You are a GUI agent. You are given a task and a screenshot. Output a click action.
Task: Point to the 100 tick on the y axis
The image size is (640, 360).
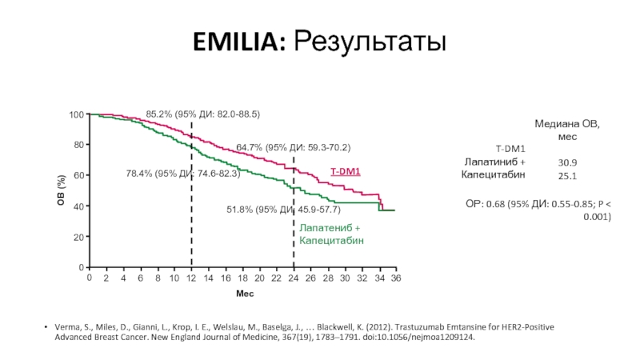(76, 115)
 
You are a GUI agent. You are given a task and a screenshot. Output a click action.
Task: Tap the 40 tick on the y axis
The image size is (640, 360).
(78, 206)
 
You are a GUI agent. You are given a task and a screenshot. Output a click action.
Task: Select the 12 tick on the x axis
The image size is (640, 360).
(191, 278)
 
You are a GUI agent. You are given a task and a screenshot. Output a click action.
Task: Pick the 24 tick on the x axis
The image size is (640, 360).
(294, 278)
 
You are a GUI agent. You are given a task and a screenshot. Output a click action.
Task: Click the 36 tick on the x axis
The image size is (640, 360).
(395, 278)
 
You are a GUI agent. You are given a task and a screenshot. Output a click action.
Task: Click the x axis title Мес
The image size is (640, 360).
(244, 294)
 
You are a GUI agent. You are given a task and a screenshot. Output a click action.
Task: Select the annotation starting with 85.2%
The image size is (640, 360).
(203, 114)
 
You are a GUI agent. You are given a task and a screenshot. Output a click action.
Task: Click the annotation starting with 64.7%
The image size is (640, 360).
(293, 148)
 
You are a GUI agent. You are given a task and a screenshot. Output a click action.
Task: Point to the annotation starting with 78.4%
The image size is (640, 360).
(183, 174)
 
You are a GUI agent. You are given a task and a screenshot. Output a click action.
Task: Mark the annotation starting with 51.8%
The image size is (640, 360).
(284, 210)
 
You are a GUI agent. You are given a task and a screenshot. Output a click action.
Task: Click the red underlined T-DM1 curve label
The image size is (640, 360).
(346, 171)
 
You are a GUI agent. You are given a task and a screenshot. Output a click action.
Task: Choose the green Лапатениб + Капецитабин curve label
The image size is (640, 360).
(330, 234)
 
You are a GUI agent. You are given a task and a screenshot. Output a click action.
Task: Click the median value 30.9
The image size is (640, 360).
(569, 162)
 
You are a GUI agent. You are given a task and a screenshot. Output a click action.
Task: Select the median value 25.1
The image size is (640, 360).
(569, 175)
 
